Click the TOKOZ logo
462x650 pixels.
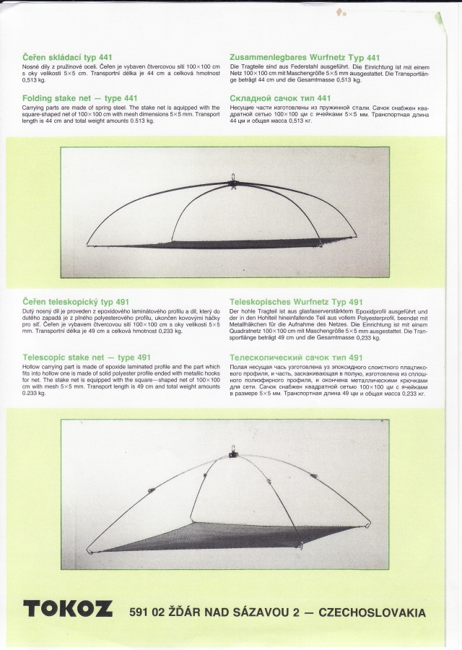coord(68,609)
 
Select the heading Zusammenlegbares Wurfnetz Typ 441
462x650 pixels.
coord(305,57)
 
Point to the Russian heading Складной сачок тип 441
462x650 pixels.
coord(280,98)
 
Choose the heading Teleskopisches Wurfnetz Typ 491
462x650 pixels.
coord(296,301)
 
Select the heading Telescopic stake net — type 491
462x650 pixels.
coord(87,357)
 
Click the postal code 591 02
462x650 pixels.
coord(149,613)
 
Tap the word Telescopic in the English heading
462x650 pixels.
coord(45,357)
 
